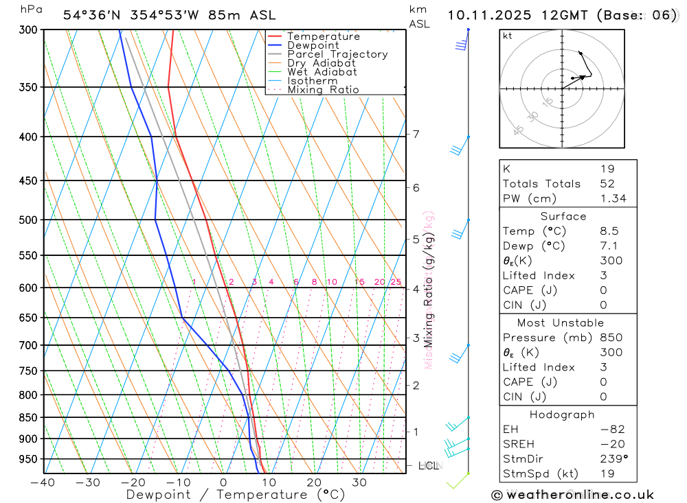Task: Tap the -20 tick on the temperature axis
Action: point(133,482)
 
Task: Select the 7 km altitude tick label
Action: point(416,134)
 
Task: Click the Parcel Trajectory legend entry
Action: point(337,54)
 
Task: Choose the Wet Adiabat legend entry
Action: point(322,72)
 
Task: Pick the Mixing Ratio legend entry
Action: point(323,90)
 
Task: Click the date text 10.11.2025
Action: point(486,14)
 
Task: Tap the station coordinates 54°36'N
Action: point(91,15)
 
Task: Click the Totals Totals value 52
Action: point(607,184)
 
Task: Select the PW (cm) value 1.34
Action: point(613,199)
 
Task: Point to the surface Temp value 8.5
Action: point(609,231)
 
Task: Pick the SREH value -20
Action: point(609,445)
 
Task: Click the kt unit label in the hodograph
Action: point(508,36)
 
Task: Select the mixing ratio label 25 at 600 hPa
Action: point(396,282)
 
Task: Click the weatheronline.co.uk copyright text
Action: point(573,495)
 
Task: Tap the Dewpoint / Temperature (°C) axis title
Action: point(236,495)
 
